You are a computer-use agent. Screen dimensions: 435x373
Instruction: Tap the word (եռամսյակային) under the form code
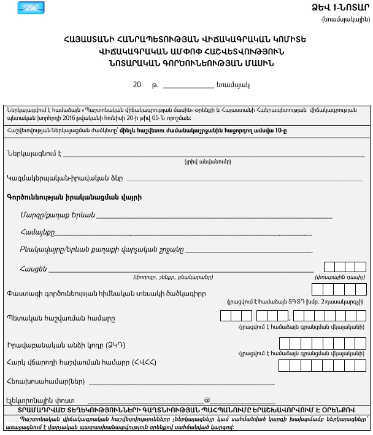(346, 20)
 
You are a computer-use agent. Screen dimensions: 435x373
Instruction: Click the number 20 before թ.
(137, 85)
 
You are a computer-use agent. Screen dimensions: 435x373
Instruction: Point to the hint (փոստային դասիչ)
(341, 278)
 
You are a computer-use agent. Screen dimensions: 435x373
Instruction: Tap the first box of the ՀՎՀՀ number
(285, 366)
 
